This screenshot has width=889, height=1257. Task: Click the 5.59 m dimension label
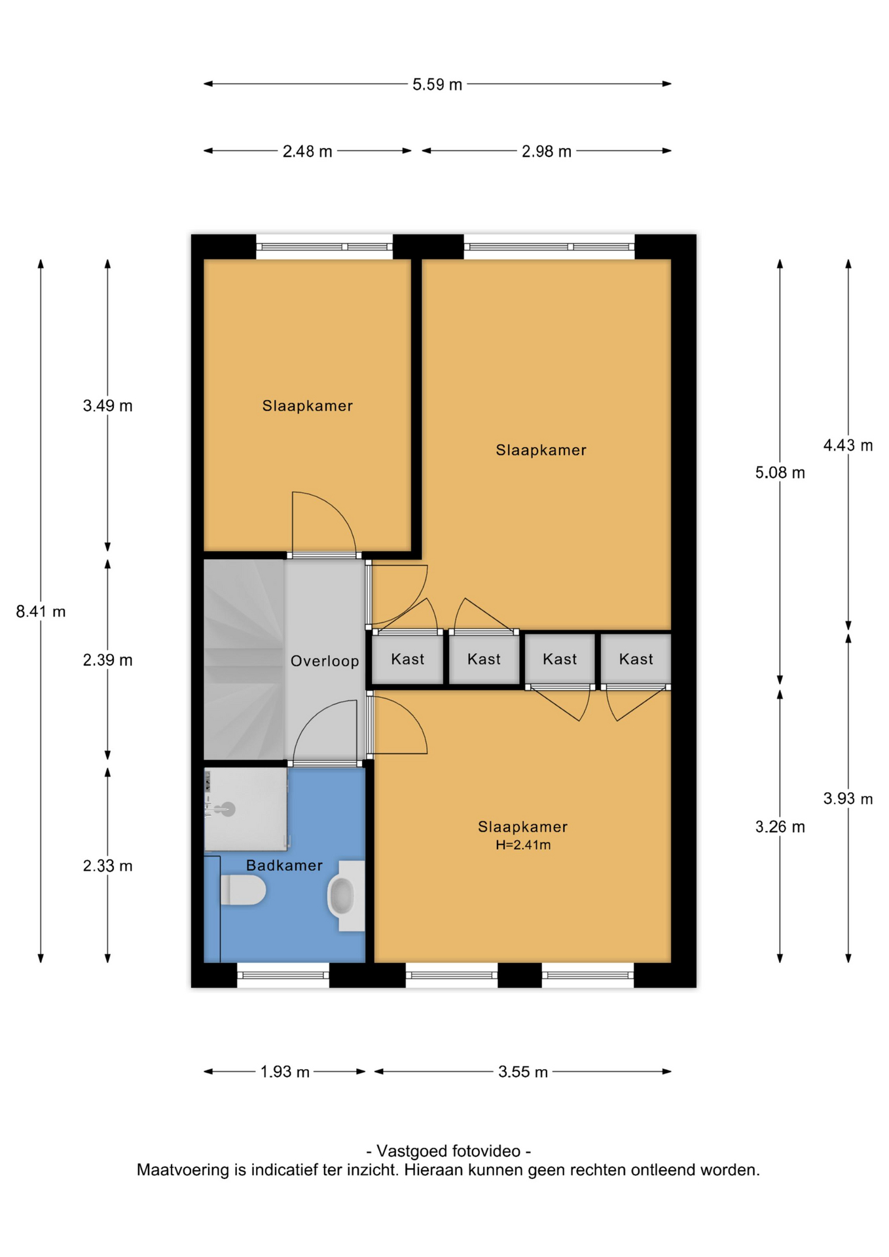coord(437,84)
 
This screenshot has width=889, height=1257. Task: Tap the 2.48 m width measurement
coord(307,151)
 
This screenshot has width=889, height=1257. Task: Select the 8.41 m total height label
coord(41,611)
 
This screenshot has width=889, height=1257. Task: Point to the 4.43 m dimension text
coord(848,445)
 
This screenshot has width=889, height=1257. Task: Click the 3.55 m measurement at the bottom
coord(522,1072)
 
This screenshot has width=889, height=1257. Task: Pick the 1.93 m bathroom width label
coord(285,1072)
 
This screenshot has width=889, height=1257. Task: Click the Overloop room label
coord(325,661)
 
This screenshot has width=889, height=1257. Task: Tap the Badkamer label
coord(284,865)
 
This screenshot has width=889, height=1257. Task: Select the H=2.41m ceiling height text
coord(523,845)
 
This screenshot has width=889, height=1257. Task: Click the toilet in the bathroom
coord(243,890)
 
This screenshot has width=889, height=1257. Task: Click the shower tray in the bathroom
coord(245,809)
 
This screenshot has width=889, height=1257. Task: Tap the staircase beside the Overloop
coord(244,660)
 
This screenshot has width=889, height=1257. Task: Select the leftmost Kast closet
coord(407,659)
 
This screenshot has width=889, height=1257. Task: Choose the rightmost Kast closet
coord(636,659)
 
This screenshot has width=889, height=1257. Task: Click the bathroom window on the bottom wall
coord(283,975)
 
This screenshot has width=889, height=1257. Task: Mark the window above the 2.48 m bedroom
coord(324,247)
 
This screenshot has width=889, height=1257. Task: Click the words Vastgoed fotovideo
coord(448,1151)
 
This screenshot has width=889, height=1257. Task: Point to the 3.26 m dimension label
coord(780,827)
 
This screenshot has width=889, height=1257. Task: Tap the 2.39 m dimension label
coord(107,660)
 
